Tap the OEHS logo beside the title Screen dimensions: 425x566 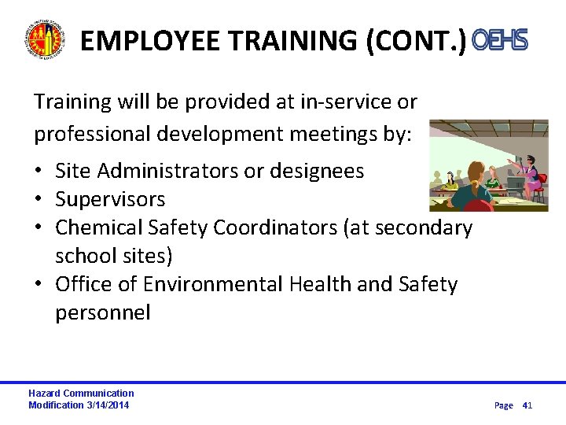(x=500, y=40)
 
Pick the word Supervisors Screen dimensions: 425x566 (x=110, y=199)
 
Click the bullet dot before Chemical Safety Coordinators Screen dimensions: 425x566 (x=39, y=228)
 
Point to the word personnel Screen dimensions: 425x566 (x=102, y=312)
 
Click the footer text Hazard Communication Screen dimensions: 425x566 (x=81, y=393)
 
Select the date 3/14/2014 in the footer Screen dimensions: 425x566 (x=108, y=405)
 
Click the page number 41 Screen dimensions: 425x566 (x=527, y=405)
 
